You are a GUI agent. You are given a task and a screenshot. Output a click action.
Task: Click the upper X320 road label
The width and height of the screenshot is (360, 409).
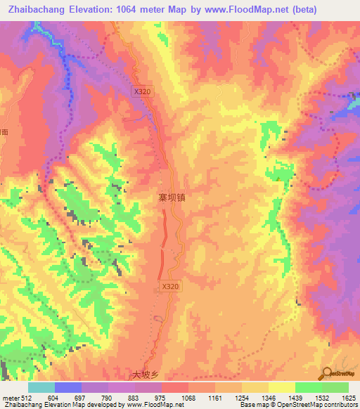pyautogui.click(x=143, y=91)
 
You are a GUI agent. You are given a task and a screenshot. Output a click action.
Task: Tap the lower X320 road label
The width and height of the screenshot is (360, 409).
pyautogui.click(x=171, y=287)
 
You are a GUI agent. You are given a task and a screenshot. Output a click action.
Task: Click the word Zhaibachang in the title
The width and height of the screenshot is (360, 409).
pyautogui.click(x=34, y=10)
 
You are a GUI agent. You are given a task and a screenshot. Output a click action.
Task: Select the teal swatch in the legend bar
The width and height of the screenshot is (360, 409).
pyautogui.click(x=41, y=387)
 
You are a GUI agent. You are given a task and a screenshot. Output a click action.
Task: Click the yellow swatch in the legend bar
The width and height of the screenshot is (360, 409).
pyautogui.click(x=282, y=387)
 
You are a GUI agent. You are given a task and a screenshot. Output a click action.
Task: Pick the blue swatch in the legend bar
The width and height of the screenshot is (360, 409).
pyautogui.click(x=68, y=387)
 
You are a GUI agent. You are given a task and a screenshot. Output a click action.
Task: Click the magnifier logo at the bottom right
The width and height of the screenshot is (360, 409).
pyautogui.click(x=327, y=372)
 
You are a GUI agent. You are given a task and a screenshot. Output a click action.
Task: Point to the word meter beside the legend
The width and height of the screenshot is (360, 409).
pyautogui.click(x=10, y=398)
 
